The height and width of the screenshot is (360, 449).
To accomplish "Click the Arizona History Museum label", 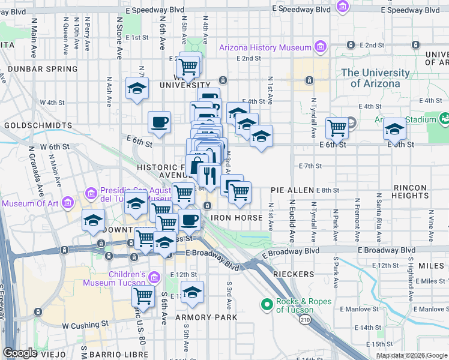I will coord(265,47).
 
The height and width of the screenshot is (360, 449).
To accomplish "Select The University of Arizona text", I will coord(375,78).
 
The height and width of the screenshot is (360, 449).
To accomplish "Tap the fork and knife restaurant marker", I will coord(209,175).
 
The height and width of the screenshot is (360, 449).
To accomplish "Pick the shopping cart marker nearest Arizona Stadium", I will coord(337,127).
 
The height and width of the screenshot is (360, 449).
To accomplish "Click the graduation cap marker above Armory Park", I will coord(192,292).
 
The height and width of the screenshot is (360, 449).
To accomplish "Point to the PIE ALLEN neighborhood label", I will coord(292,190).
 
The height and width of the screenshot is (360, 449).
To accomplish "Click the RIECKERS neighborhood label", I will coord(294,274).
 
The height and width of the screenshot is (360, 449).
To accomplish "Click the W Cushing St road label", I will coord(85,324).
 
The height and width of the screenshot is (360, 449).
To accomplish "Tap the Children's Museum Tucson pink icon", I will coord(154,278).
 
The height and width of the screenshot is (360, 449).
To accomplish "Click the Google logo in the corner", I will coord(19,353).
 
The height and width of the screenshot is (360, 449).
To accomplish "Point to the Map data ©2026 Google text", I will coord(412,355).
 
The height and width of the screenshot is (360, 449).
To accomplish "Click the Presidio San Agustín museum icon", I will coord(91,193).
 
